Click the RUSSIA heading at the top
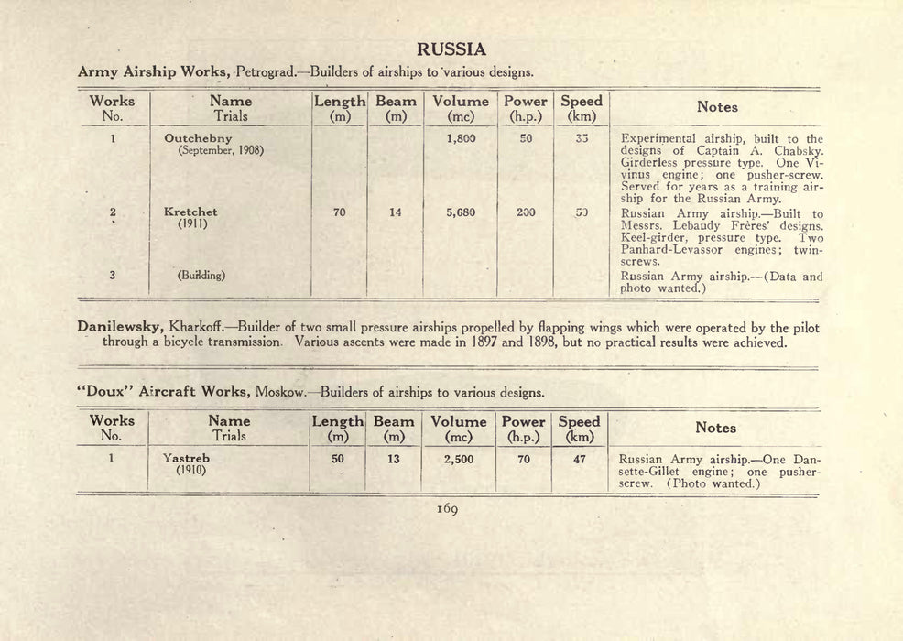451,49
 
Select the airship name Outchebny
197,138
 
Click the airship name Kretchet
190,212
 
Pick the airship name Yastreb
186,459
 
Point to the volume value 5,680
461,212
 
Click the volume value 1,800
461,138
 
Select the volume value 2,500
459,459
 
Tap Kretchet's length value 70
340,212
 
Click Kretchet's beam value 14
396,212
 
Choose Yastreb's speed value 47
579,459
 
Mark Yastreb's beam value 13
393,459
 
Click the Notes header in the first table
717,107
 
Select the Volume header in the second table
459,421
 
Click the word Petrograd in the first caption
266,71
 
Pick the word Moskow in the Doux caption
280,392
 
